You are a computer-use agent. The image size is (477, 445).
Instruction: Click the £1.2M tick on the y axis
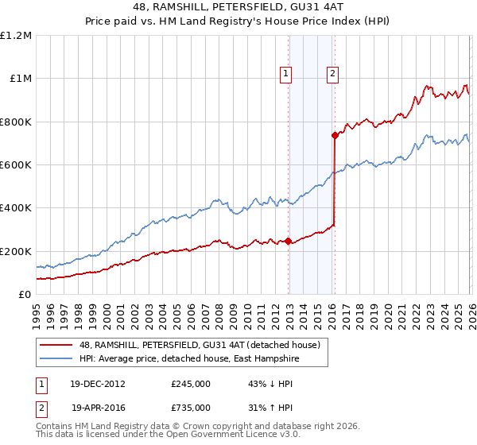[x=16, y=36]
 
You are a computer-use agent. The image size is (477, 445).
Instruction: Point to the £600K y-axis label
[x=16, y=165]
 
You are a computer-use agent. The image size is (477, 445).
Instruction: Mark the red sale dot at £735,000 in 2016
[x=335, y=136]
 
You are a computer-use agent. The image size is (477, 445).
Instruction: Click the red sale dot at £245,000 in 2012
[x=288, y=242]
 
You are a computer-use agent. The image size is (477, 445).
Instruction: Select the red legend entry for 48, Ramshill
[x=200, y=345]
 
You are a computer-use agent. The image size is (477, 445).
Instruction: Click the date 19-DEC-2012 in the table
[x=98, y=384]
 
